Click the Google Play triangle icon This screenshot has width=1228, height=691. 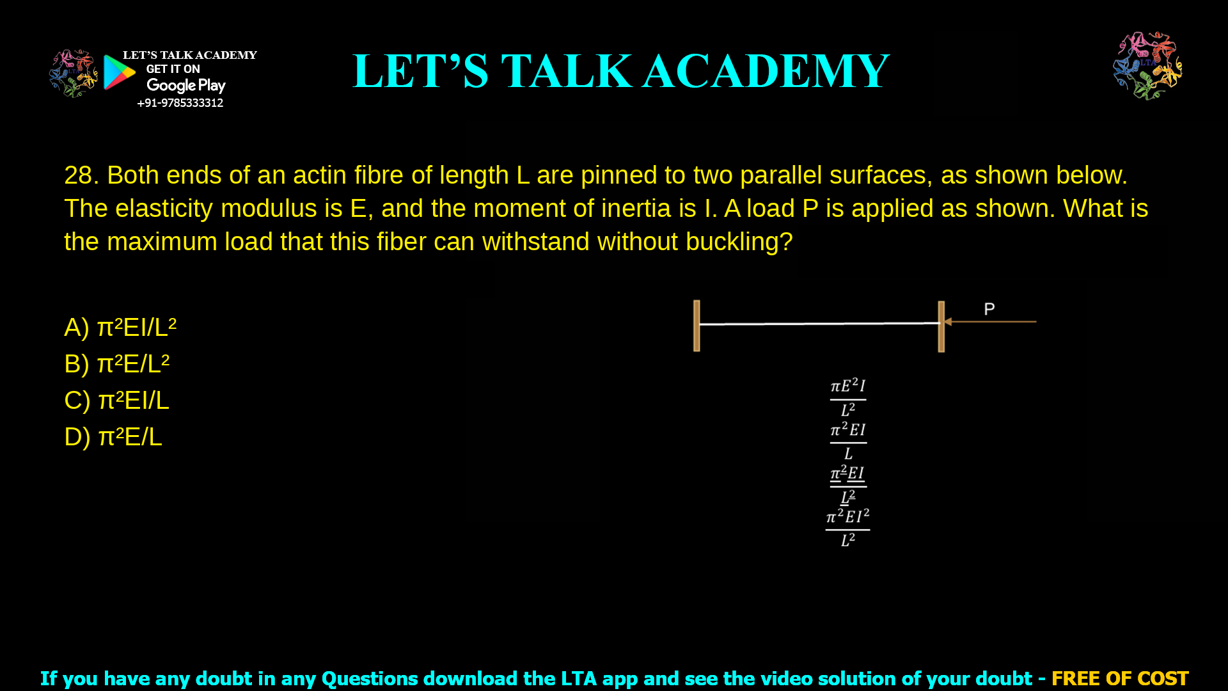[119, 72]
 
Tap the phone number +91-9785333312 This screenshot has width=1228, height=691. [180, 103]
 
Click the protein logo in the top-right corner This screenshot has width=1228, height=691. [1147, 66]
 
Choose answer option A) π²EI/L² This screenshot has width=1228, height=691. [120, 327]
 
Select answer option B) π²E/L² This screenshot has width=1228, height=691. [117, 363]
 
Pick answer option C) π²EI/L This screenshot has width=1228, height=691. [117, 400]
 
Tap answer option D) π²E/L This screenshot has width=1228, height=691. [113, 436]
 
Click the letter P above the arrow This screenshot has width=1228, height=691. [989, 310]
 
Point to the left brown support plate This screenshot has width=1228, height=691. [697, 326]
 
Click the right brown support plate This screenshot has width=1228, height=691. [941, 326]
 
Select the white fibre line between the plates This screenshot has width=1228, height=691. [819, 324]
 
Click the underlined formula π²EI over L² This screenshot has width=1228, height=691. [848, 484]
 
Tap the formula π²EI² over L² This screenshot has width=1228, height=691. [847, 528]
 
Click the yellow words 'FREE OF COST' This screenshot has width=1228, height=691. [1119, 678]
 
